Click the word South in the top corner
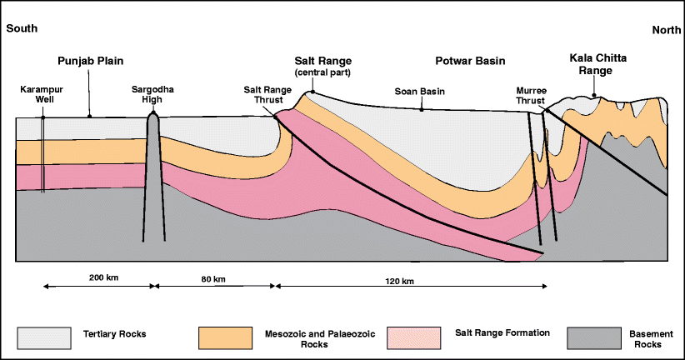[x=22, y=28]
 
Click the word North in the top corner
[x=663, y=29]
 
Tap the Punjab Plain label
[x=90, y=62]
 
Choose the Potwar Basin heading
[x=470, y=62]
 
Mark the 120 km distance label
[x=401, y=281]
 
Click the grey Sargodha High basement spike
[x=153, y=167]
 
